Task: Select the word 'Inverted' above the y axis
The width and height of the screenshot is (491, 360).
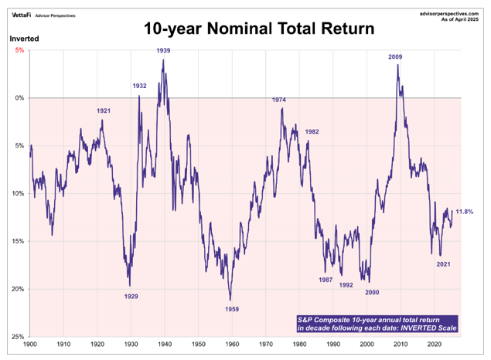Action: point(24,39)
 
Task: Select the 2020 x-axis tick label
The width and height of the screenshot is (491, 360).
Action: point(434,345)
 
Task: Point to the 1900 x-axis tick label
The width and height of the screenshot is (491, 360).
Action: point(30,345)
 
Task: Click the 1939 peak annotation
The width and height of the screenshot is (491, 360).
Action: point(163,51)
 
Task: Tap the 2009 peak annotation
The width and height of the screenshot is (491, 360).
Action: point(395,56)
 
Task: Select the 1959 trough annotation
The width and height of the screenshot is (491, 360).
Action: point(231,309)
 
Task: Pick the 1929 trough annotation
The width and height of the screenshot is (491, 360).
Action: point(131,297)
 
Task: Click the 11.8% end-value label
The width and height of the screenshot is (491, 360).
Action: point(465,212)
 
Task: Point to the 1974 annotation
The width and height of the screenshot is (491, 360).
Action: point(279,100)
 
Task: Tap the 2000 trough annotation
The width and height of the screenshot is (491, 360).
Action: point(373,291)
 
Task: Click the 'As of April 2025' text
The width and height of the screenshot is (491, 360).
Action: point(462,19)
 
